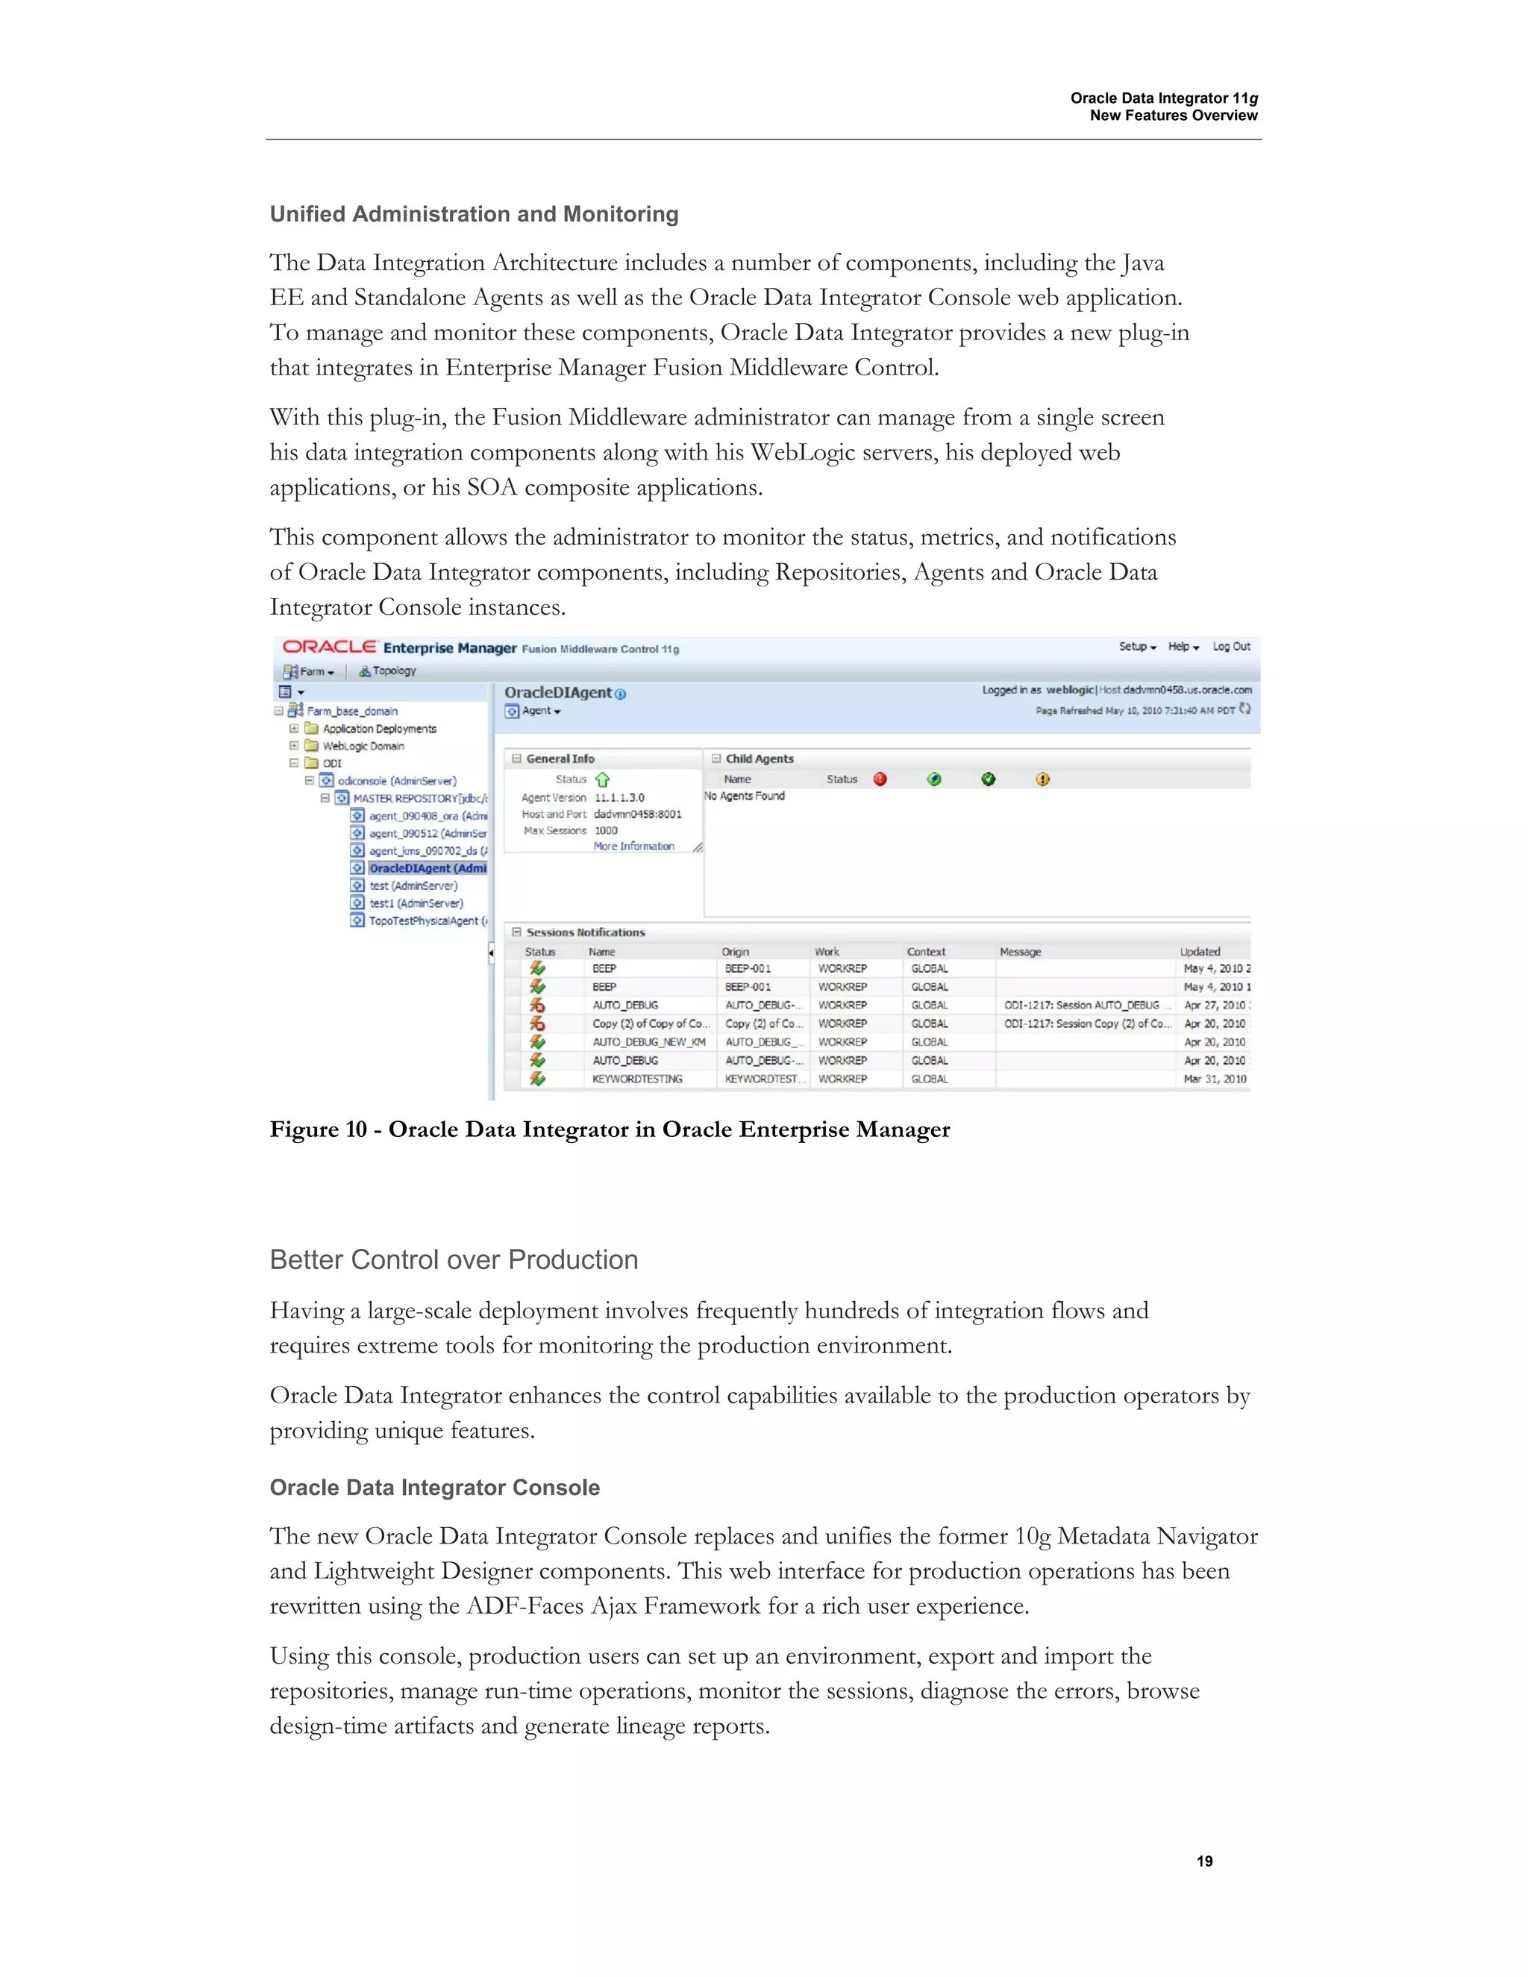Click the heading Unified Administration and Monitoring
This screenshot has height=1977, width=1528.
point(474,215)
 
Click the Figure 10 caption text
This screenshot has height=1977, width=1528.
point(610,1130)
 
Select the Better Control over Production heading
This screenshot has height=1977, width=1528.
point(454,1260)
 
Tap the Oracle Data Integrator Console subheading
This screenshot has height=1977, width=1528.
point(434,1488)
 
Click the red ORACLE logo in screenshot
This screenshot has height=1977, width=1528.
point(330,648)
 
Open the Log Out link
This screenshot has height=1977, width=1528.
point(1231,646)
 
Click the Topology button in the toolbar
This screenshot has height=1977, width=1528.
point(388,671)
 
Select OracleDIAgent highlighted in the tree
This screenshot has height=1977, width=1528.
point(428,868)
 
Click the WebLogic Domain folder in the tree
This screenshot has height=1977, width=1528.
point(363,746)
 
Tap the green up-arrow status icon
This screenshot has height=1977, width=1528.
point(603,780)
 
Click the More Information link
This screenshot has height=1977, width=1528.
point(633,847)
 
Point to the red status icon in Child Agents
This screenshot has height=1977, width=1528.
point(880,780)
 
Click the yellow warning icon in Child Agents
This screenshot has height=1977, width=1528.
point(1043,780)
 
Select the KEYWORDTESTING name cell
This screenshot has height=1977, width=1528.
point(637,1079)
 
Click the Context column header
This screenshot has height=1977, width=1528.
point(926,951)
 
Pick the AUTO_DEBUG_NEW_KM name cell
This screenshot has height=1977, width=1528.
point(648,1042)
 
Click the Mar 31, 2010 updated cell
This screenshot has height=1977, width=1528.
point(1215,1079)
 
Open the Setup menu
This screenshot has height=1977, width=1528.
point(1137,646)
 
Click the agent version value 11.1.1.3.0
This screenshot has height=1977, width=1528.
point(619,798)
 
